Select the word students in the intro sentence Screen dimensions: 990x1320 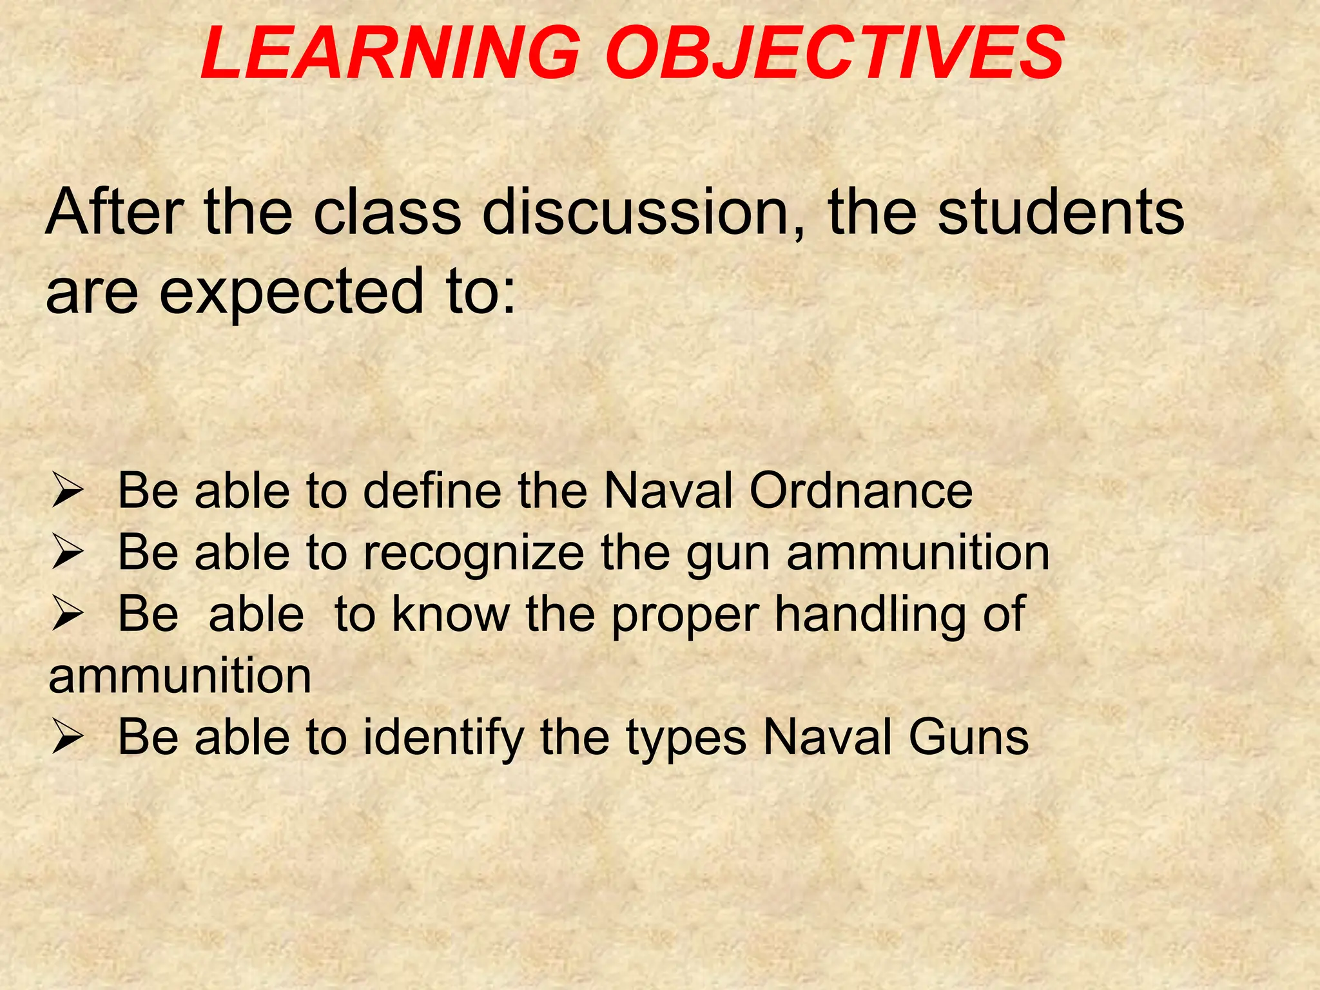pyautogui.click(x=1061, y=212)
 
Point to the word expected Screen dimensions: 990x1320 pyautogui.click(x=291, y=291)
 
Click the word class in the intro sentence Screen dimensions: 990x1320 pyautogui.click(x=387, y=212)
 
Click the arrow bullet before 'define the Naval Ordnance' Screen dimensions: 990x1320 pyautogui.click(x=67, y=492)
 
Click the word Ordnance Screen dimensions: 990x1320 pyautogui.click(x=860, y=491)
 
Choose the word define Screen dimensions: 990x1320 pyautogui.click(x=432, y=491)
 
